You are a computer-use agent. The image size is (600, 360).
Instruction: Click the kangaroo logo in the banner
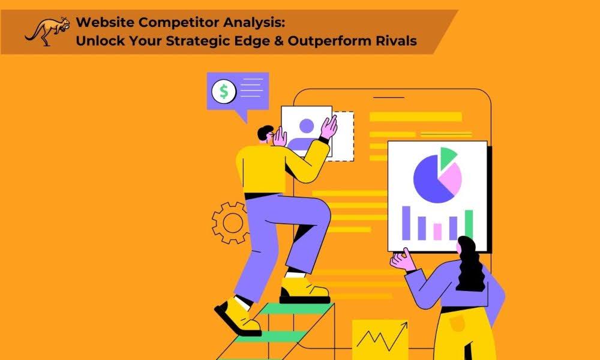[47, 31]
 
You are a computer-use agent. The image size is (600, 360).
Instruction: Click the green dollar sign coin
[224, 91]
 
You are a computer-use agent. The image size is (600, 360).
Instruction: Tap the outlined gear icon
[230, 223]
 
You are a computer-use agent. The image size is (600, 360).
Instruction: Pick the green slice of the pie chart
[448, 157]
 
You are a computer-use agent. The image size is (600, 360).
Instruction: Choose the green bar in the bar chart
[469, 224]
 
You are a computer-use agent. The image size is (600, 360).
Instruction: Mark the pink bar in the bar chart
[437, 232]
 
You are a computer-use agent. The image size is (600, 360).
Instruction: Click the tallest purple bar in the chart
[406, 223]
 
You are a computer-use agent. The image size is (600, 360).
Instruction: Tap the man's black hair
[265, 133]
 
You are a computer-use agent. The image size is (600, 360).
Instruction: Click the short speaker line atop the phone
[388, 97]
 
